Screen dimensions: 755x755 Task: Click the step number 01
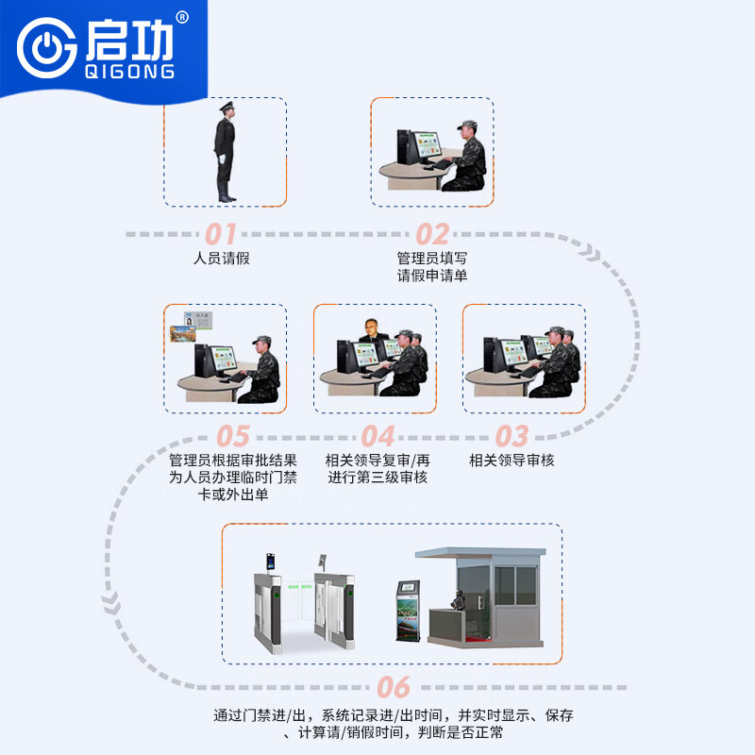point(221,233)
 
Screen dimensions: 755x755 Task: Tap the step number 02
point(432,233)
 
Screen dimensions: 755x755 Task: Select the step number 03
point(511,436)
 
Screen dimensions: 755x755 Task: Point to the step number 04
point(377,436)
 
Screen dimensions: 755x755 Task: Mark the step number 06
point(394,686)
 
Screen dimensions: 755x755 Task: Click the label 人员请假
point(221,258)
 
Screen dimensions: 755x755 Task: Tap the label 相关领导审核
point(512,461)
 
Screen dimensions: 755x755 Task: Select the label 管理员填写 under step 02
point(432,258)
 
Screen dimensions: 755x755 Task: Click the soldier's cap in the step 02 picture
point(468,126)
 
